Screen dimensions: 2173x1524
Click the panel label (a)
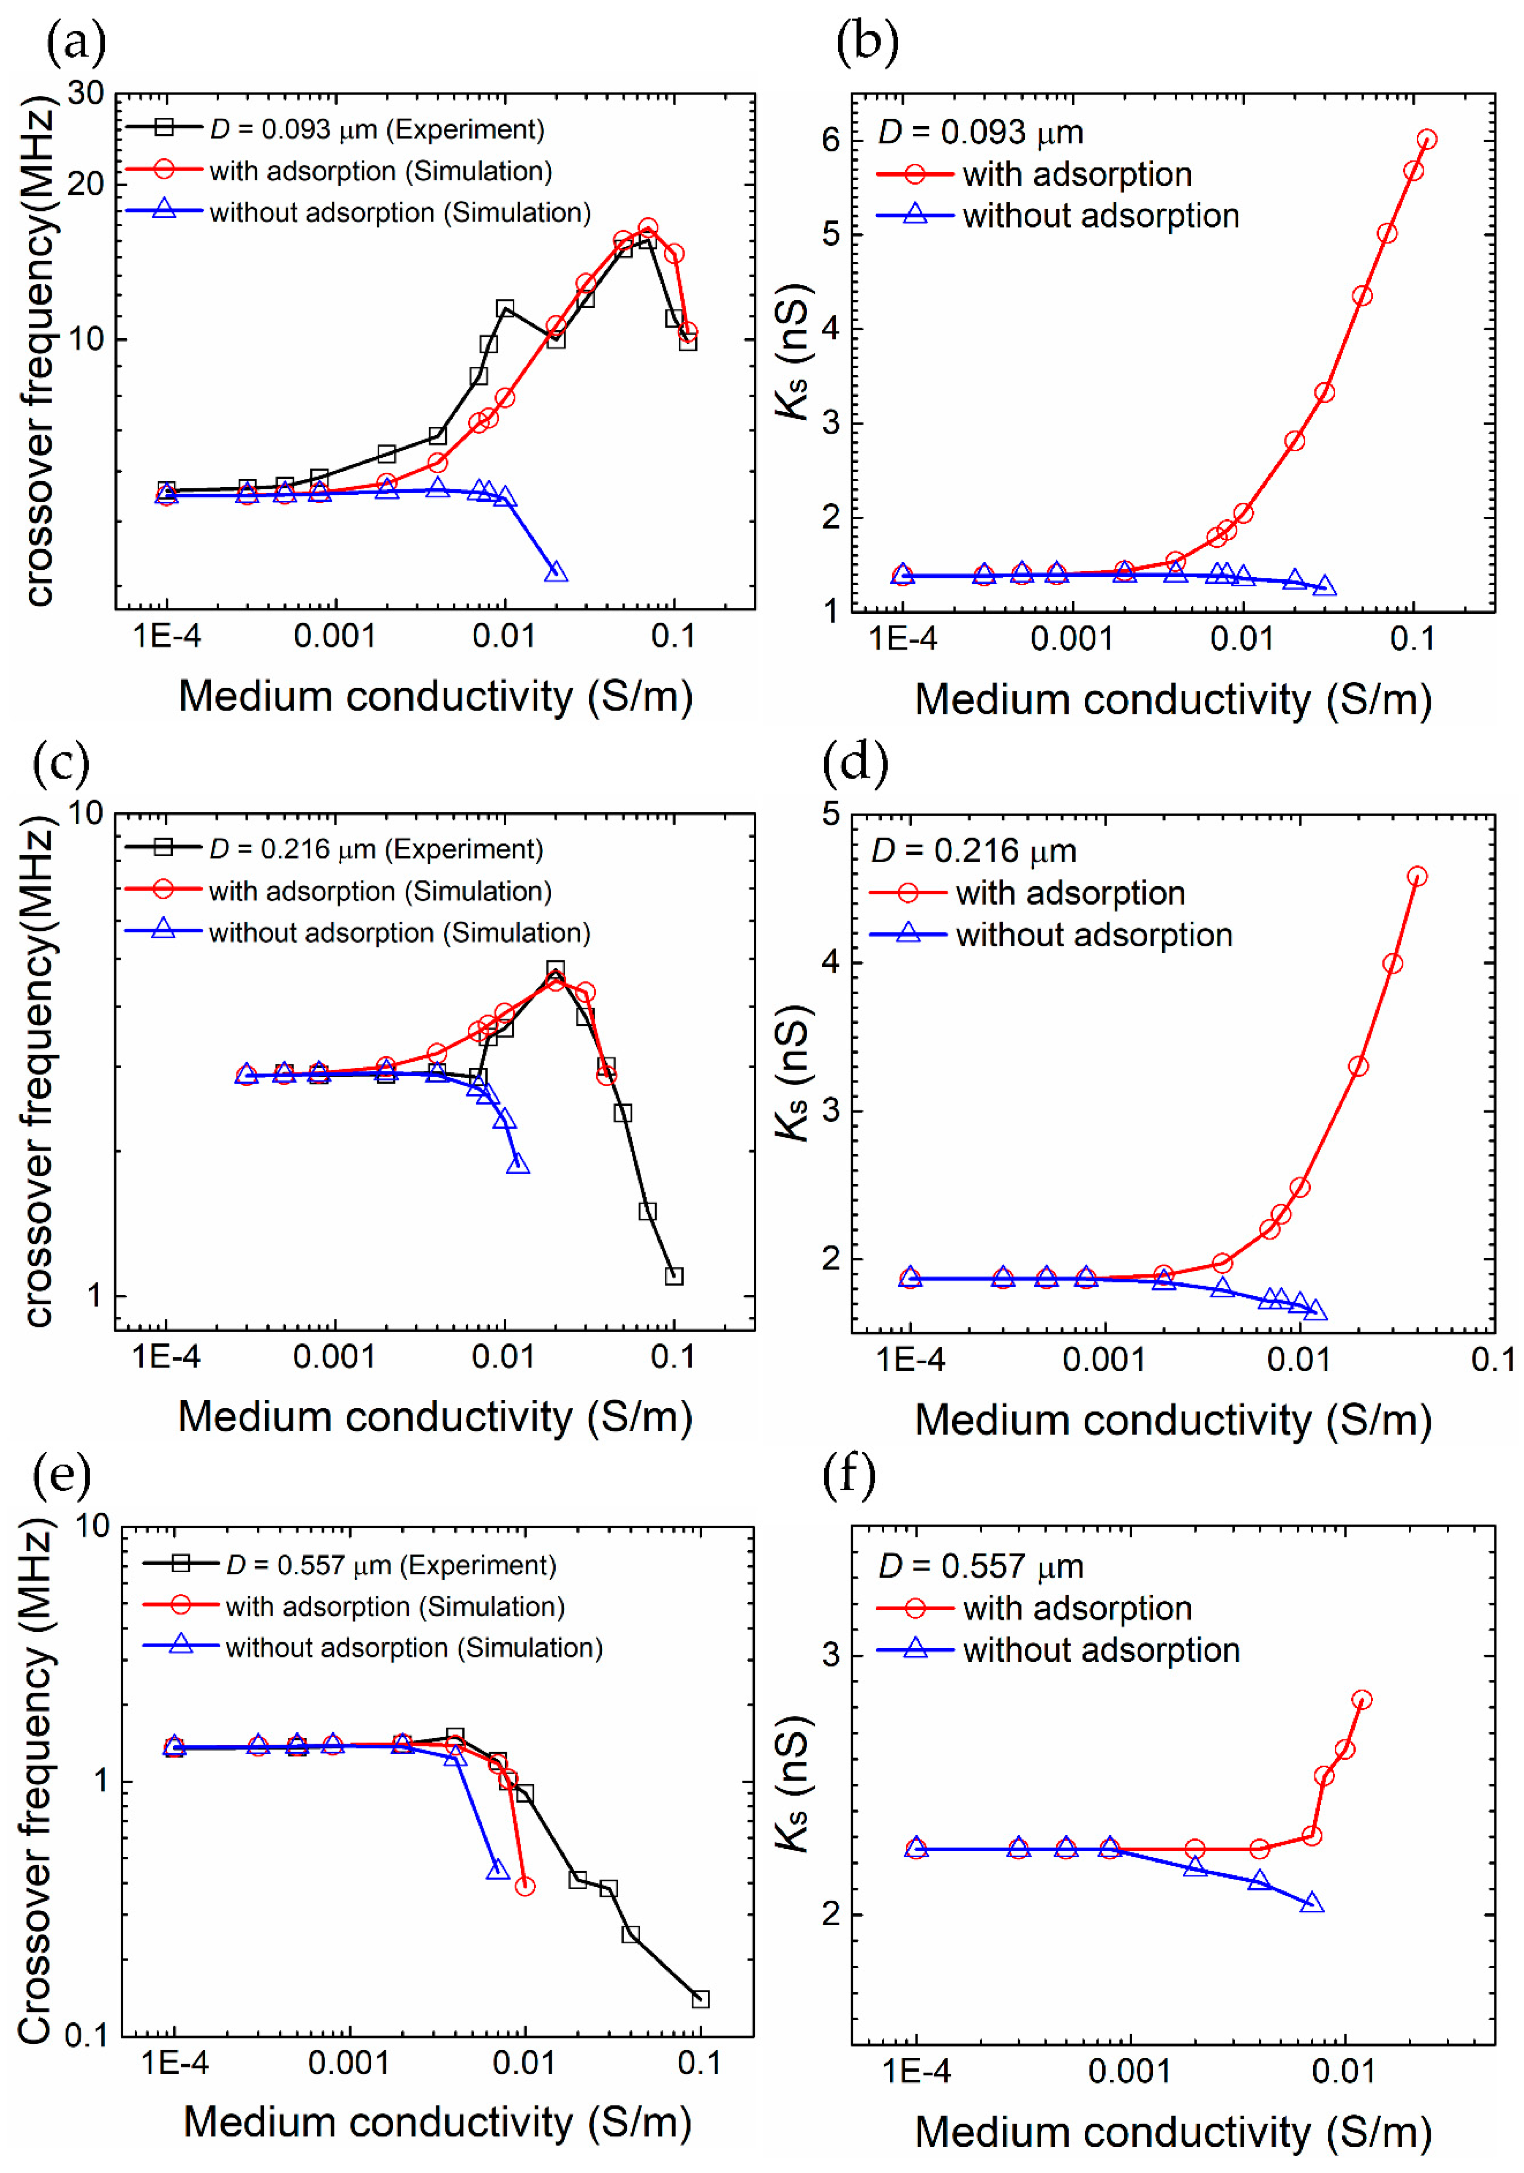[76, 43]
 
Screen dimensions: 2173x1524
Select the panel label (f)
[849, 1475]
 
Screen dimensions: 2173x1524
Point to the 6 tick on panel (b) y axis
[830, 140]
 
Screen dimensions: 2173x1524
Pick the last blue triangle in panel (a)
[557, 572]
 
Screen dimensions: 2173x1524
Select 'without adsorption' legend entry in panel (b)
[1100, 216]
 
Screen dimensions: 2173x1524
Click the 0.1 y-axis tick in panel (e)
[87, 2035]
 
